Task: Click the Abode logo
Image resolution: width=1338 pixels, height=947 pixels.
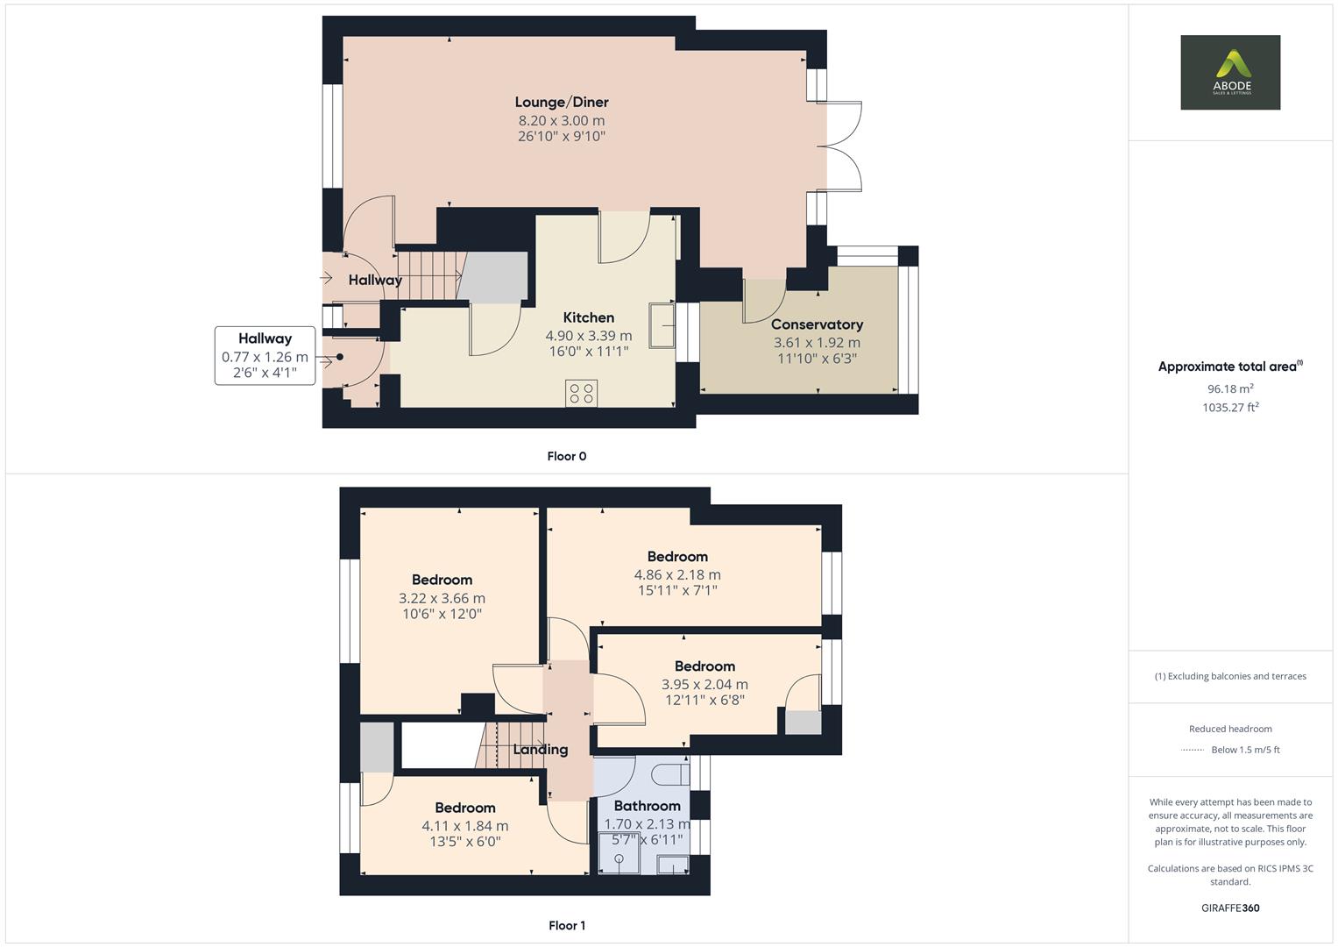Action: pyautogui.click(x=1229, y=73)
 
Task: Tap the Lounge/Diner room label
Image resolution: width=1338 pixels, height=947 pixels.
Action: pyautogui.click(x=562, y=102)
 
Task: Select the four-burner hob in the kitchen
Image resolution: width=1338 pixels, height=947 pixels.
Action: pyautogui.click(x=581, y=393)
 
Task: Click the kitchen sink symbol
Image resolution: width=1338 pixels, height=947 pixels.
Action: pyautogui.click(x=662, y=325)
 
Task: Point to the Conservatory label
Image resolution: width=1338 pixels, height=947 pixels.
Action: pyautogui.click(x=817, y=324)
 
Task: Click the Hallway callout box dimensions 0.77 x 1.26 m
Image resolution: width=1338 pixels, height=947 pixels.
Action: pyautogui.click(x=265, y=357)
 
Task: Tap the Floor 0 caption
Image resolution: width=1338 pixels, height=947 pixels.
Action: pyautogui.click(x=566, y=456)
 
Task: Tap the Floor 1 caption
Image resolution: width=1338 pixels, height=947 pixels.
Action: pyautogui.click(x=566, y=925)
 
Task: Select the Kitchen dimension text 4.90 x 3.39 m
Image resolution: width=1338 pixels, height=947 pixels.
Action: pyautogui.click(x=588, y=336)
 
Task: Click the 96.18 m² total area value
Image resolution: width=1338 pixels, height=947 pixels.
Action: pyautogui.click(x=1230, y=388)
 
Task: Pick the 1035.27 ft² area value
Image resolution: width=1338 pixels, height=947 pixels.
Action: pyautogui.click(x=1230, y=407)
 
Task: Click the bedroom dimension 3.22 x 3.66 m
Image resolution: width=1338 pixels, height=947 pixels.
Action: pyautogui.click(x=442, y=598)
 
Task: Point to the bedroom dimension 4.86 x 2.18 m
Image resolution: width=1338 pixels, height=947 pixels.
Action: pyautogui.click(x=677, y=575)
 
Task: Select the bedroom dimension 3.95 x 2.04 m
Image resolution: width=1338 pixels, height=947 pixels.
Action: pyautogui.click(x=704, y=685)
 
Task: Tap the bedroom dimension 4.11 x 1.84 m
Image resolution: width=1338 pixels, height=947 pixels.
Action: pyautogui.click(x=464, y=826)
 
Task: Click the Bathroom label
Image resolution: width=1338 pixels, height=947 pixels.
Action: pyautogui.click(x=647, y=806)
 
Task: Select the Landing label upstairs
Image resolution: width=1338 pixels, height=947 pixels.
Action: pyautogui.click(x=540, y=750)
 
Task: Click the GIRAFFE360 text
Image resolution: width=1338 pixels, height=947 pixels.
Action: pyautogui.click(x=1230, y=908)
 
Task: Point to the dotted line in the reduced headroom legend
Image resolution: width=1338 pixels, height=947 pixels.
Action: pyautogui.click(x=1193, y=750)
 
